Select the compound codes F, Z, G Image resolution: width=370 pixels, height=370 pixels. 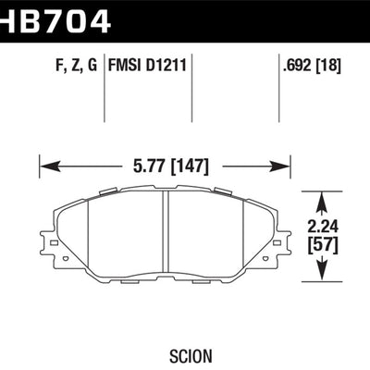click(x=77, y=66)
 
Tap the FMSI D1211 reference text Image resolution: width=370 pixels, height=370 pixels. click(x=147, y=66)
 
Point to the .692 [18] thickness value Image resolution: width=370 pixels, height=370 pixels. click(x=312, y=66)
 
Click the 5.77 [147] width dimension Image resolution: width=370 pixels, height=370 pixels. click(x=171, y=166)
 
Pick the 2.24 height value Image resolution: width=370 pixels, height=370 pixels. click(x=323, y=227)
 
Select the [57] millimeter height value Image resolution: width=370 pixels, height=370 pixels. click(x=323, y=245)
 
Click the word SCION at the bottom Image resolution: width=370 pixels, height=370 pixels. click(x=191, y=356)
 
